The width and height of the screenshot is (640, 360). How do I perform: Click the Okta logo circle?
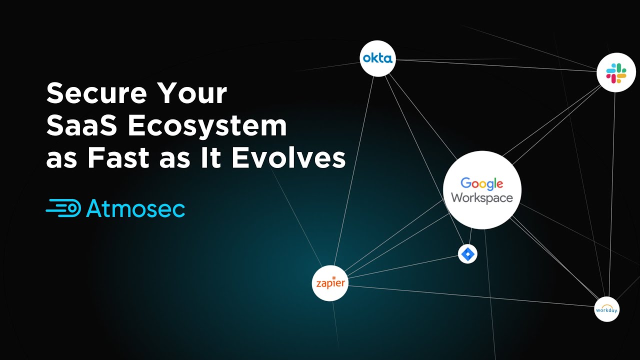pyautogui.click(x=378, y=58)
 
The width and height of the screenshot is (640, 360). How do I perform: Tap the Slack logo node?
pyautogui.click(x=616, y=73)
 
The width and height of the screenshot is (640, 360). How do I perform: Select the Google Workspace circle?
pyautogui.click(x=482, y=190)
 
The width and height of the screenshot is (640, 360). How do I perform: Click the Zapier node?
pyautogui.click(x=330, y=283)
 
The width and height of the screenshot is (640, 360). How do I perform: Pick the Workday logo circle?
pyautogui.click(x=606, y=309)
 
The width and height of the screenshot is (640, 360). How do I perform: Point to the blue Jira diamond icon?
pyautogui.click(x=467, y=254)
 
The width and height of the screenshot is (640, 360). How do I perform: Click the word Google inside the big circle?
pyautogui.click(x=481, y=183)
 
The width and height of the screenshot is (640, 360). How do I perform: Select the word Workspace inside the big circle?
pyautogui.click(x=482, y=197)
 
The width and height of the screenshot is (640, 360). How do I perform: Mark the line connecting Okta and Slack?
pyautogui.click(x=495, y=65)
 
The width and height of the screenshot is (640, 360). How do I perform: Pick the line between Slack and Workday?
pyautogui.click(x=612, y=195)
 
